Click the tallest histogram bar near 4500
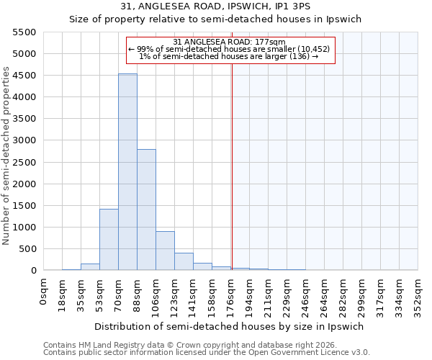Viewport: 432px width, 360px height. (127, 172)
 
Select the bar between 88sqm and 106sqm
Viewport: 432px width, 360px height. (146, 210)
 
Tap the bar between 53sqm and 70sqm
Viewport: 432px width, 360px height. (109, 240)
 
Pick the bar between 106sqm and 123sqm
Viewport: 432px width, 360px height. (165, 251)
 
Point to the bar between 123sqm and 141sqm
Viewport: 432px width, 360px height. (184, 261)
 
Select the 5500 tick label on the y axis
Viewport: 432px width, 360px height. (24, 32)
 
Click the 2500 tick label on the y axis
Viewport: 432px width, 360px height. (24, 163)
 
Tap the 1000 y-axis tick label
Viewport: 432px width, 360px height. (24, 228)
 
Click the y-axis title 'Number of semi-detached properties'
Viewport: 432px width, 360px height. (6, 156)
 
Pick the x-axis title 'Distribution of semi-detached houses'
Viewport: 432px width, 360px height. (230, 326)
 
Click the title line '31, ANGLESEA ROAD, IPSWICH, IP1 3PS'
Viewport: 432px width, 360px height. (215, 6)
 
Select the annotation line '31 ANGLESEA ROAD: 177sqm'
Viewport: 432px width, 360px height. (230, 42)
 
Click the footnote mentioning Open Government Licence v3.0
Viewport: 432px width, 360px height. (207, 352)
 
